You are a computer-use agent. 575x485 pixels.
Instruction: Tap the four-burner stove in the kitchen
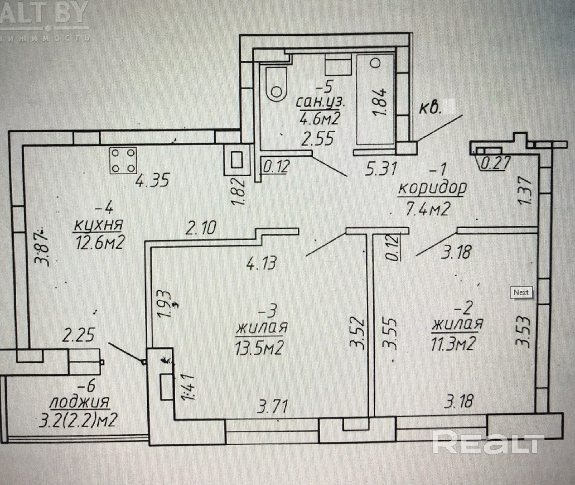[x=123, y=160]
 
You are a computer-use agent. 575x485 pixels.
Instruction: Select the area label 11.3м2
[x=453, y=343]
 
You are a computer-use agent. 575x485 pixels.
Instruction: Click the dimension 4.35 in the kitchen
[x=152, y=180]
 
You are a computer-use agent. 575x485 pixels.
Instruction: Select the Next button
[x=521, y=292]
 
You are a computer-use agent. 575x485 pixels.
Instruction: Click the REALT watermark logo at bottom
[x=488, y=444]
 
